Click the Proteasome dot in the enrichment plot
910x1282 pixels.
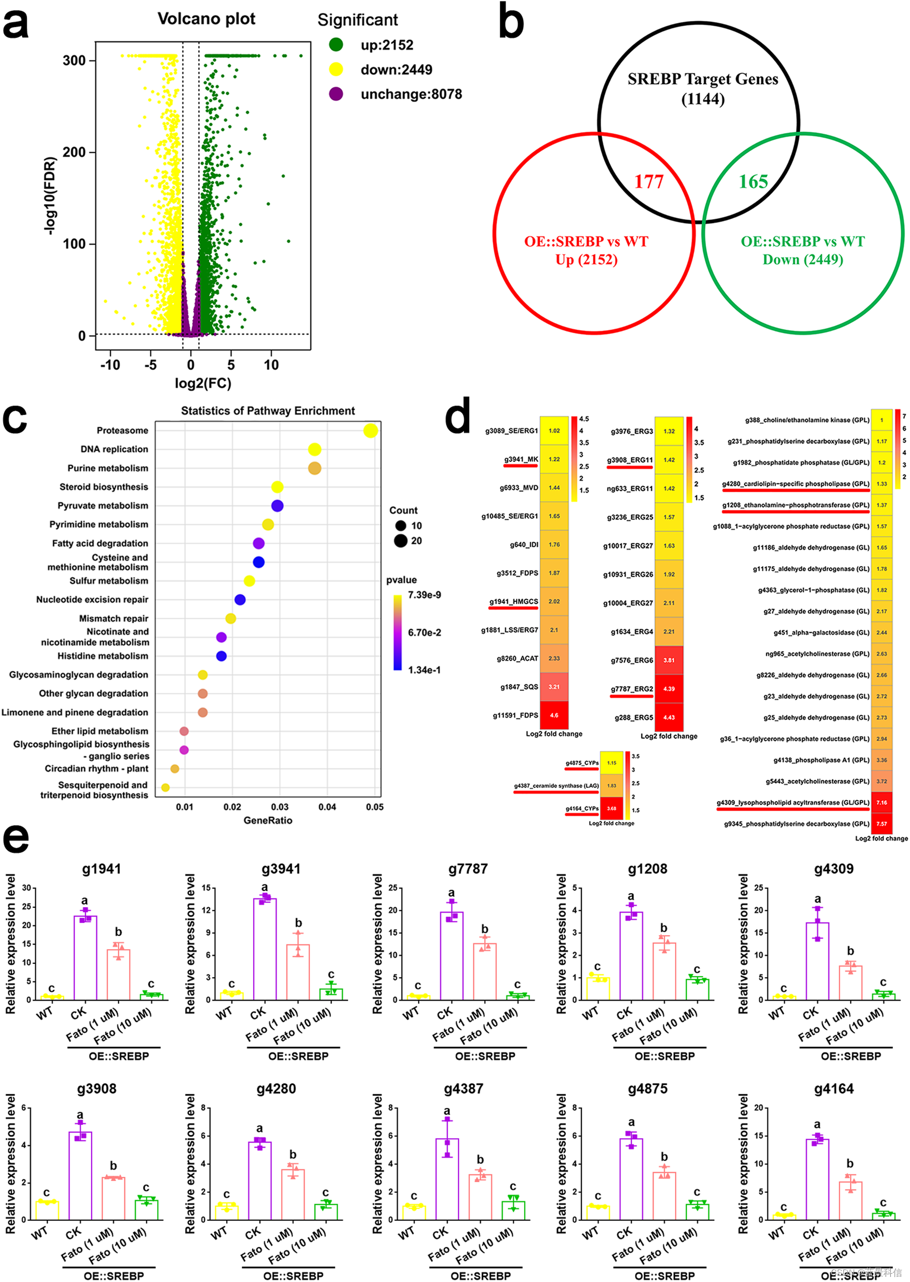(370, 430)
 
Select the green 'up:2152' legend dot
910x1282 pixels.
(336, 45)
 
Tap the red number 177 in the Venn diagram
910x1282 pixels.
(649, 181)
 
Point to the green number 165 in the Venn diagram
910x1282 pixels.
(753, 181)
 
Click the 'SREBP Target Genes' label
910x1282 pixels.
(703, 80)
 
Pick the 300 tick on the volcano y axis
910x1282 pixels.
(74, 60)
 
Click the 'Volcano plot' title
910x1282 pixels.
(206, 19)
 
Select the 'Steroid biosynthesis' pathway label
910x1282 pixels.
(103, 487)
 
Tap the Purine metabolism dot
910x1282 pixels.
(315, 468)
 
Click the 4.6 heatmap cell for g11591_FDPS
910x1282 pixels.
(554, 715)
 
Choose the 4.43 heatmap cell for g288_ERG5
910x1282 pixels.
(669, 717)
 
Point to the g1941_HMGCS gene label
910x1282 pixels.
(513, 601)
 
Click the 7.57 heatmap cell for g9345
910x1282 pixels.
(881, 824)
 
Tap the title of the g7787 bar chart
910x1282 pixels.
(468, 869)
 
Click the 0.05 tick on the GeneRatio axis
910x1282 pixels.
(375, 807)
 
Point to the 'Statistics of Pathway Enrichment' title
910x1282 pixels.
(268, 411)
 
